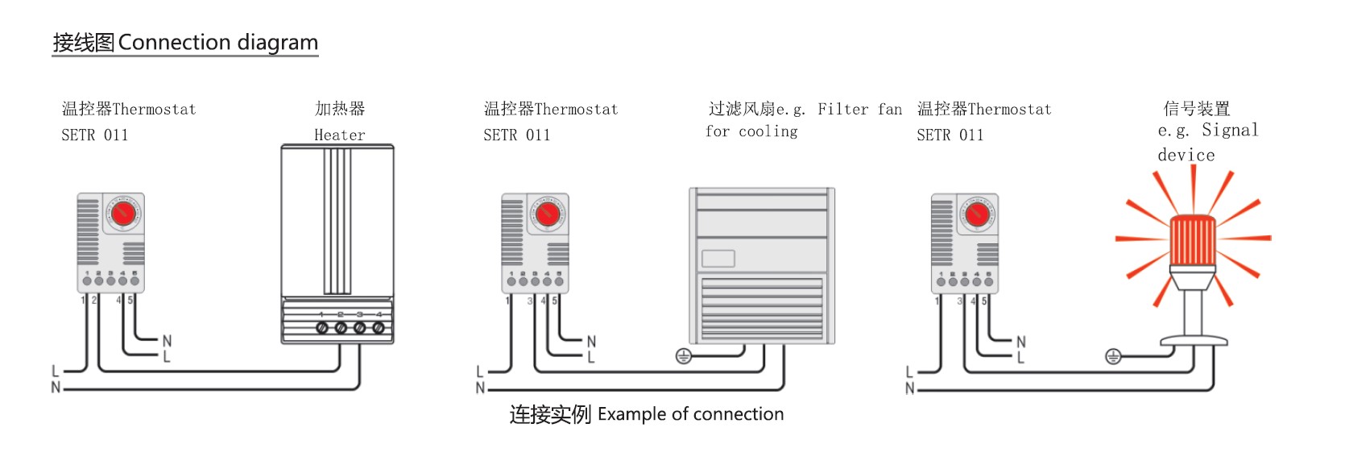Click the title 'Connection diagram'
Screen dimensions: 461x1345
tap(217, 43)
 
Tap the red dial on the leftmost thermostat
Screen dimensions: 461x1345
tap(123, 214)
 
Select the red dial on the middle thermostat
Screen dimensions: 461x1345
tap(548, 214)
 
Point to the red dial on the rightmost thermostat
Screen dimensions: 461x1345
tap(977, 214)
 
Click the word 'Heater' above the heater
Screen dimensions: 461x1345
tap(339, 135)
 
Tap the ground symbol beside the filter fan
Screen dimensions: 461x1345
tap(683, 355)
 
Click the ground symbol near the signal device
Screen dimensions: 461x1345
tap(1112, 355)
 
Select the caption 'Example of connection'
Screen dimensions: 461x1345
tap(690, 414)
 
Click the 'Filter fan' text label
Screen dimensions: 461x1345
tap(859, 109)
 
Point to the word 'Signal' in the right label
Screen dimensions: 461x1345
tap(1230, 130)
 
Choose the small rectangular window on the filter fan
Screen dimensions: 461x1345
tap(718, 259)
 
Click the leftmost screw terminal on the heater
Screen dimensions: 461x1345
tap(321, 327)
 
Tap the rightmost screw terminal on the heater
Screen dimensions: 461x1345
tap(378, 327)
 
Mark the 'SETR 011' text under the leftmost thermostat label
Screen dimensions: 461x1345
tap(95, 135)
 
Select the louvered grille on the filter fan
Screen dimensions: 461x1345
tap(761, 309)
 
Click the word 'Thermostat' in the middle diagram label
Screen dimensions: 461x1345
tap(576, 109)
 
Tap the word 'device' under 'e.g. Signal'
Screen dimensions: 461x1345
tap(1186, 155)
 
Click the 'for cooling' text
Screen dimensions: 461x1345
tap(751, 131)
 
